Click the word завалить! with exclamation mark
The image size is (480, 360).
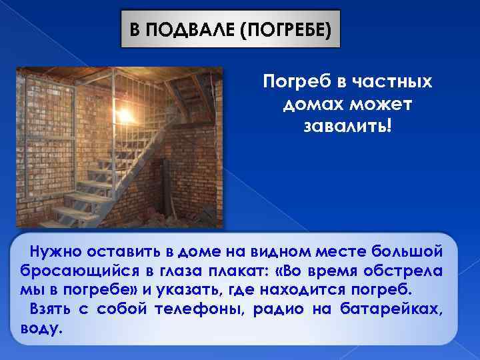(x=347, y=127)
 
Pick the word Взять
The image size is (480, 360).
(x=50, y=310)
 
